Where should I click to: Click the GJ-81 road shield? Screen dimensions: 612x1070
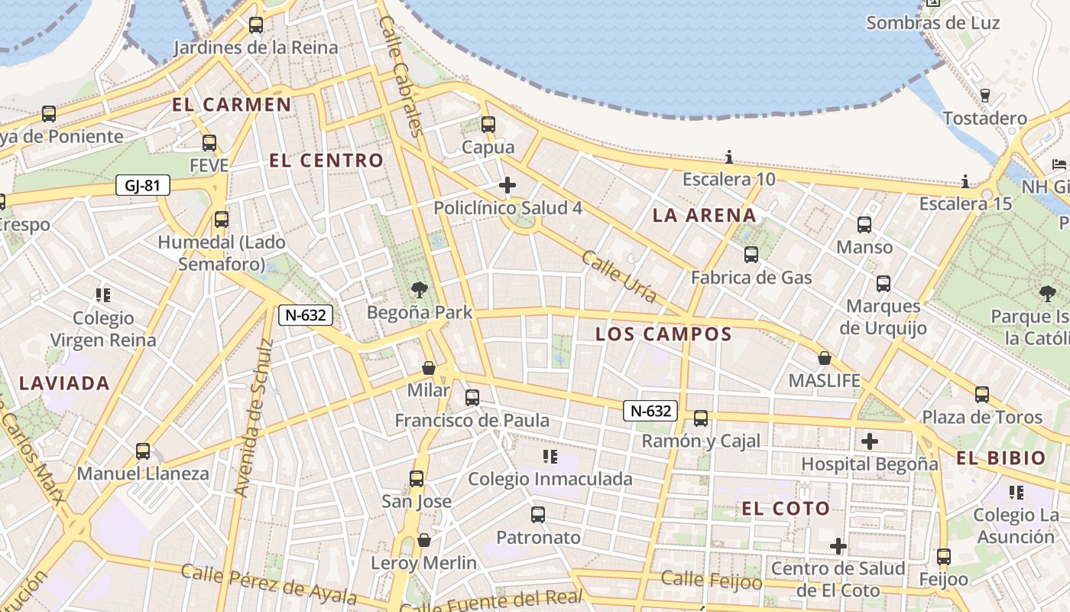pyautogui.click(x=143, y=185)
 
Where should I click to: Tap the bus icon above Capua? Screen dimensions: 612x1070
pyautogui.click(x=488, y=124)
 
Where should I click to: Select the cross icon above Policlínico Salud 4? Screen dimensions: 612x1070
pyautogui.click(x=507, y=185)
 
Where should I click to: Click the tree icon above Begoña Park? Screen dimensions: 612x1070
pyautogui.click(x=419, y=290)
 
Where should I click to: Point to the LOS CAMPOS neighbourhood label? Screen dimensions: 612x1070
pyautogui.click(x=663, y=334)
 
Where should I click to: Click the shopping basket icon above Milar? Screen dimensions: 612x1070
pyautogui.click(x=429, y=368)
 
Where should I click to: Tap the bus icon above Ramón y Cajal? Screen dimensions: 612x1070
pyautogui.click(x=701, y=418)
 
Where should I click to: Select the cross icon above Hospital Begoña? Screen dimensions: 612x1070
pyautogui.click(x=869, y=441)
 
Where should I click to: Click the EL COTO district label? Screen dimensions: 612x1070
pyautogui.click(x=786, y=509)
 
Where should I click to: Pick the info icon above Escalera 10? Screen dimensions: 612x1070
pyautogui.click(x=729, y=158)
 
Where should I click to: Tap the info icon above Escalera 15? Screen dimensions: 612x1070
pyautogui.click(x=965, y=181)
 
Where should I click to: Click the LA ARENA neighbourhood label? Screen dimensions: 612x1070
pyautogui.click(x=704, y=216)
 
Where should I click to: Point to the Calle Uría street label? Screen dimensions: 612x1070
pyautogui.click(x=619, y=276)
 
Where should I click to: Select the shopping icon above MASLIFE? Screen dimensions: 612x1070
pyautogui.click(x=825, y=358)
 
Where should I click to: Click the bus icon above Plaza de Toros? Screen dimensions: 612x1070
pyautogui.click(x=982, y=395)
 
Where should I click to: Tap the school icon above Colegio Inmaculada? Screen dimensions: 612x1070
pyautogui.click(x=550, y=457)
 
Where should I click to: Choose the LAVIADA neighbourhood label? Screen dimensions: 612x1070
pyautogui.click(x=65, y=383)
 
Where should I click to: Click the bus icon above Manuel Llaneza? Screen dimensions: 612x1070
pyautogui.click(x=143, y=451)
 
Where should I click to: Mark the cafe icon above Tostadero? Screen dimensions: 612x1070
pyautogui.click(x=984, y=96)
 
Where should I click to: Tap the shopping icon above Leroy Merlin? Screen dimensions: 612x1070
pyautogui.click(x=424, y=541)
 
